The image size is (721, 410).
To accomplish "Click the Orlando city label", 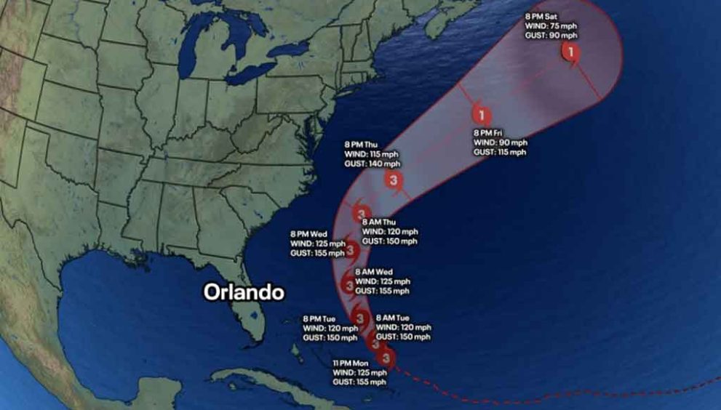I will click(x=243, y=292).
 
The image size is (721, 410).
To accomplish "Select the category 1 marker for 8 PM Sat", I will click(x=570, y=52).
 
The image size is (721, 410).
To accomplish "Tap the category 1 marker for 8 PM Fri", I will click(x=480, y=115).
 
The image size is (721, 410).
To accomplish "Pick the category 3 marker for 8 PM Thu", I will click(x=394, y=180).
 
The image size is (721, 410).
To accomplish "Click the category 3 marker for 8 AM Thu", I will click(x=362, y=214).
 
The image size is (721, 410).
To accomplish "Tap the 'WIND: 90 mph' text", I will click(x=500, y=142).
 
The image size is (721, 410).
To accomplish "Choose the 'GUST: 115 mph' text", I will click(x=500, y=152).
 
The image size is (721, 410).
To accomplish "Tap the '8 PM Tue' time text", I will click(x=321, y=318).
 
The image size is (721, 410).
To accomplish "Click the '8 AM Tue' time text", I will click(x=393, y=318).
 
